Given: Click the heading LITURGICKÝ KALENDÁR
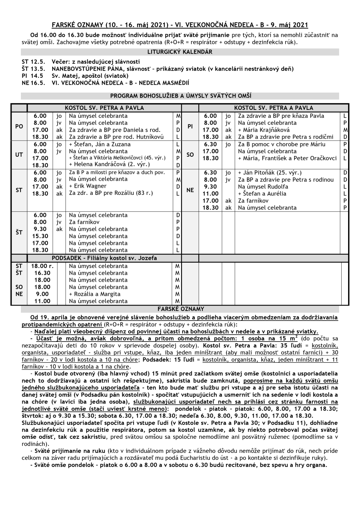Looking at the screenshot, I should point(180,52).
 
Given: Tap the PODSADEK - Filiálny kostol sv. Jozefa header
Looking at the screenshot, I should point(104,258).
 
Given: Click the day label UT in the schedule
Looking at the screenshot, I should point(19,155).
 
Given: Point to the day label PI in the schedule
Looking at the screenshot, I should point(190,126).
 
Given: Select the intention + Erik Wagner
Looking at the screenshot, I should point(88,186).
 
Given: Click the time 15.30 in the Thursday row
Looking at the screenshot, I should point(40,236).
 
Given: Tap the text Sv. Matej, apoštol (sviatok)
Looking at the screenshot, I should point(90,76).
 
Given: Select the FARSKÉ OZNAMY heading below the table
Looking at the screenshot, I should point(181,309).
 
